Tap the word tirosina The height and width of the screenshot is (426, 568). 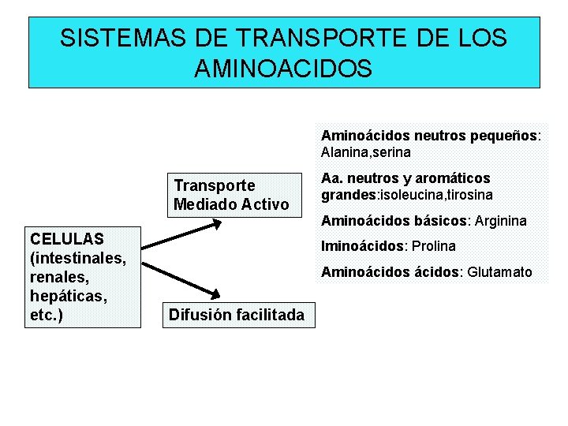pyautogui.click(x=470, y=194)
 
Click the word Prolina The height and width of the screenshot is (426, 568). pyautogui.click(x=434, y=246)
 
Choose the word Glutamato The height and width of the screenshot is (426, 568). pyautogui.click(x=500, y=273)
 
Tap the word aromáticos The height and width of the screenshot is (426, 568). pyautogui.click(x=450, y=178)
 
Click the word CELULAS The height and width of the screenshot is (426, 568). pyautogui.click(x=66, y=238)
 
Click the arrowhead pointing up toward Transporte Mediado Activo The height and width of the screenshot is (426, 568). pyautogui.click(x=215, y=224)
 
